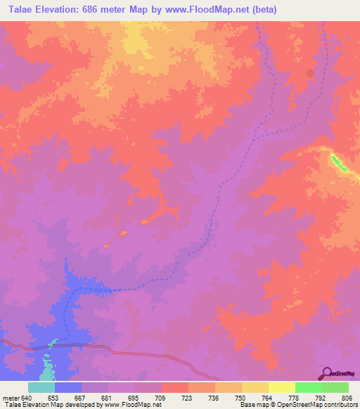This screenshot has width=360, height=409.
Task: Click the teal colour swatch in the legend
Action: [41, 387]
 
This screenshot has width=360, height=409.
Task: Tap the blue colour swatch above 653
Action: [68, 387]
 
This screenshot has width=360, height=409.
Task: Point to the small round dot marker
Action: [311, 72]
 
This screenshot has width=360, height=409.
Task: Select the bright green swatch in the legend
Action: [309, 387]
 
